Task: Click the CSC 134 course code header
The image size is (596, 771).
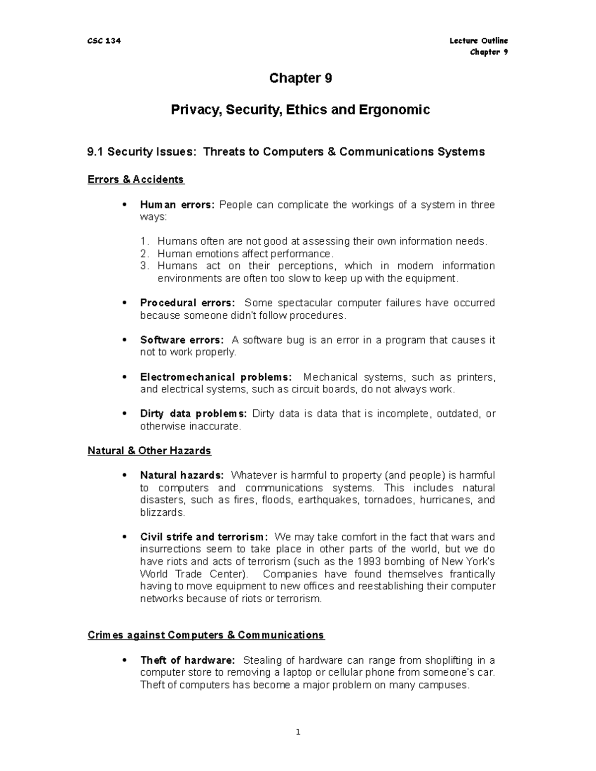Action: point(104,41)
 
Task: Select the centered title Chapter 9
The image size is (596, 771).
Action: point(300,78)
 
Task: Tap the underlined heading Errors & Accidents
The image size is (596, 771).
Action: point(136,180)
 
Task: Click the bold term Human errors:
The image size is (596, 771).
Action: point(177,205)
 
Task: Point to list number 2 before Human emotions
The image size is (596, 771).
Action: point(144,254)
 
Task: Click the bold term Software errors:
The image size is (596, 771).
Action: point(182,340)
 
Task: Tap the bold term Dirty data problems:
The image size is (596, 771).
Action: point(193,414)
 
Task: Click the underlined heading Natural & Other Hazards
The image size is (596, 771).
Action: point(149,451)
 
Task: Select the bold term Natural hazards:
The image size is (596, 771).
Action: point(182,476)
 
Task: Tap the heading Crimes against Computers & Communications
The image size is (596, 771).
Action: point(206,635)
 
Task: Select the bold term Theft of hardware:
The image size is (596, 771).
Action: point(187,660)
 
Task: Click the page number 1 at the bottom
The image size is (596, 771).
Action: point(298,732)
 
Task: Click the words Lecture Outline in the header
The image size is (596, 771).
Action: point(478,41)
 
